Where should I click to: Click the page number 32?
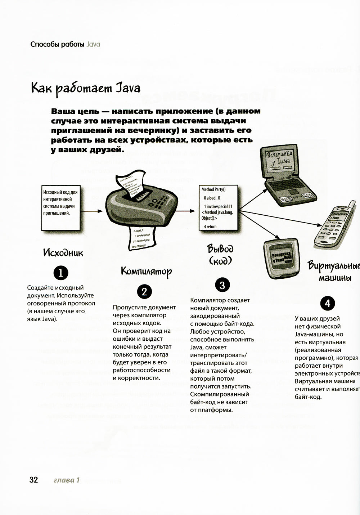[33, 480]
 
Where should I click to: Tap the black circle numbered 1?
[60, 273]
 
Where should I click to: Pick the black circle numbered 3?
[222, 285]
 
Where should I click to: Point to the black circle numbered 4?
[327, 303]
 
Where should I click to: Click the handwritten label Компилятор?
[146, 271]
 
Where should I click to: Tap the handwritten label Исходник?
[63, 252]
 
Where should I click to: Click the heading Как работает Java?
[86, 88]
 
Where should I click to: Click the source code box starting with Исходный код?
[60, 208]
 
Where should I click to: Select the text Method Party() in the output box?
[213, 189]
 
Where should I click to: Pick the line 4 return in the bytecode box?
[210, 227]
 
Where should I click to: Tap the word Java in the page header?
[93, 45]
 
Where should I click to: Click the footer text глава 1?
[66, 480]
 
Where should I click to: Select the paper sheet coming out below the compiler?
[141, 238]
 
